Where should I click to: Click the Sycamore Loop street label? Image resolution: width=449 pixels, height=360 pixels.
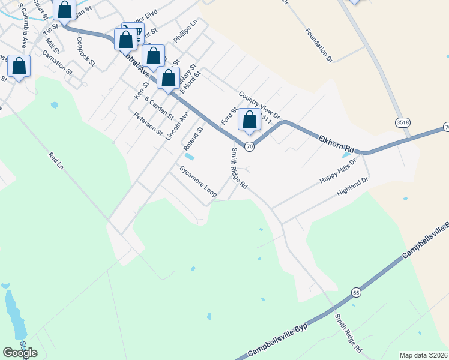(198, 182)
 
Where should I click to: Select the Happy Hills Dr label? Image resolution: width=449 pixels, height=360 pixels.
(338, 172)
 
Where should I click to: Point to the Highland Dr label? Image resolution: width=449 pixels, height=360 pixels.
(352, 187)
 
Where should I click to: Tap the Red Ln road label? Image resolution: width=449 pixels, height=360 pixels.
(56, 161)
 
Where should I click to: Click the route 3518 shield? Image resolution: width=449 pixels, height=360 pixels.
(403, 122)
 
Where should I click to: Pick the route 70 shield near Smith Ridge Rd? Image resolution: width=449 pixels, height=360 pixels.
(250, 146)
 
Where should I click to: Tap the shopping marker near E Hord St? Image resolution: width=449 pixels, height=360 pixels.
(169, 78)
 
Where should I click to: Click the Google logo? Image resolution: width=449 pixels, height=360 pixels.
(20, 352)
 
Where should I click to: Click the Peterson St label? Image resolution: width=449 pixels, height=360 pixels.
(148, 124)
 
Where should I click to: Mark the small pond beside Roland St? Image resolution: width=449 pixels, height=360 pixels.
(189, 157)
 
